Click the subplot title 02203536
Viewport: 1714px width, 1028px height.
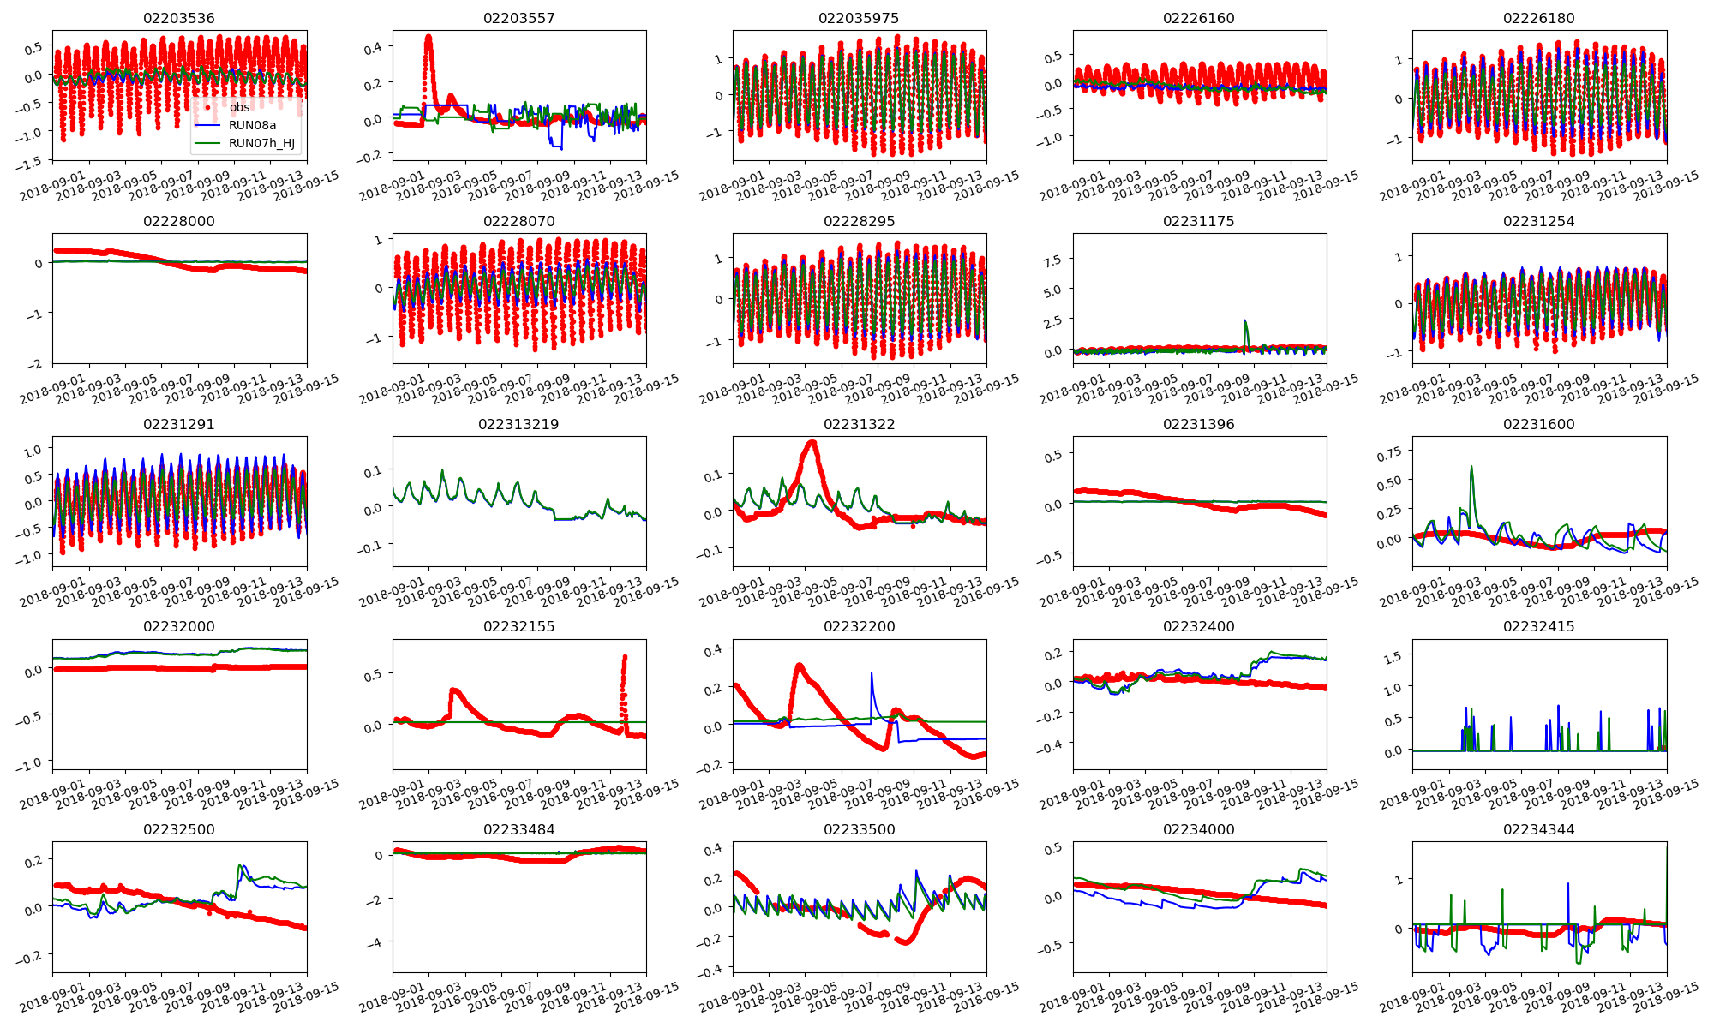click(179, 18)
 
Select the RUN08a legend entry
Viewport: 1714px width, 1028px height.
click(252, 125)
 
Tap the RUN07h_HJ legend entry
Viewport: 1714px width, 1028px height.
click(261, 143)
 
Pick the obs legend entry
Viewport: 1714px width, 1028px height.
click(239, 107)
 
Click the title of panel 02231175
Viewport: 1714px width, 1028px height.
click(1198, 221)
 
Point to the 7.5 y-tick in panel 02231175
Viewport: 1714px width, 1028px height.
click(1050, 260)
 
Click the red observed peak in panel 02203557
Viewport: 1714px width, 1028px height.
click(428, 37)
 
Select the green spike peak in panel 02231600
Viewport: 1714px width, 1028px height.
click(1471, 467)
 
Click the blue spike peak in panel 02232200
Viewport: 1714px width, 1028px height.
click(872, 673)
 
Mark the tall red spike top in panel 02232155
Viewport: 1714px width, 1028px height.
click(625, 657)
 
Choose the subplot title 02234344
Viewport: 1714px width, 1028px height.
click(1538, 829)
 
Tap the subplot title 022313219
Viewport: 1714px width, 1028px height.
click(518, 424)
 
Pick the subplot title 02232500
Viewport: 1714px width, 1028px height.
click(179, 829)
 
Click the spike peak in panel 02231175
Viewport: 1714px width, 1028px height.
click(1244, 321)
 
